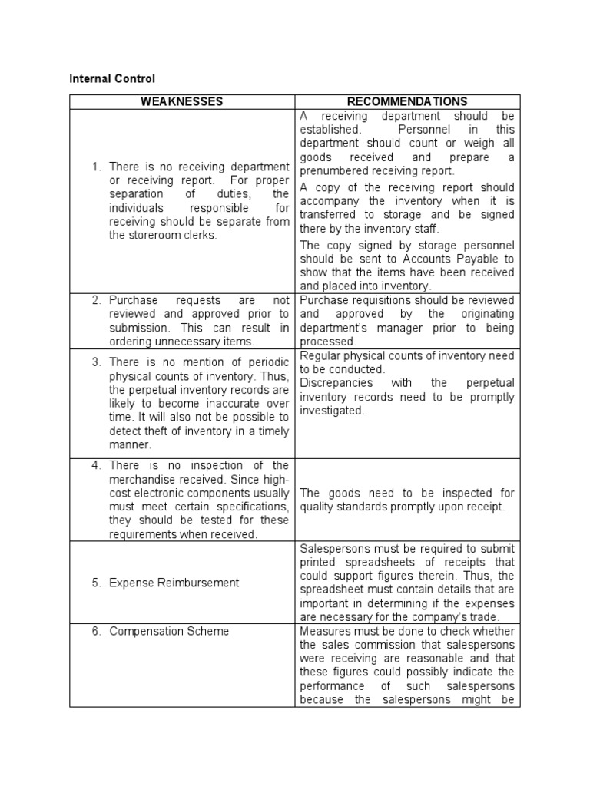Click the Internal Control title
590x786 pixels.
(112, 78)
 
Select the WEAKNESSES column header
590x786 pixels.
(182, 101)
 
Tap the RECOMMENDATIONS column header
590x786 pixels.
(407, 101)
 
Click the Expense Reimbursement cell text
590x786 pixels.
(174, 583)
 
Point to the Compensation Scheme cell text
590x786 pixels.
(169, 631)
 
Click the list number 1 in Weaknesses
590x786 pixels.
(97, 166)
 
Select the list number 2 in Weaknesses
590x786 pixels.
(97, 300)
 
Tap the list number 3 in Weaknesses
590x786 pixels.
(97, 362)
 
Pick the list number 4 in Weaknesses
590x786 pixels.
(97, 465)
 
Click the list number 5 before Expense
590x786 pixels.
(97, 583)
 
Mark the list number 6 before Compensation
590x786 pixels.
(97, 631)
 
